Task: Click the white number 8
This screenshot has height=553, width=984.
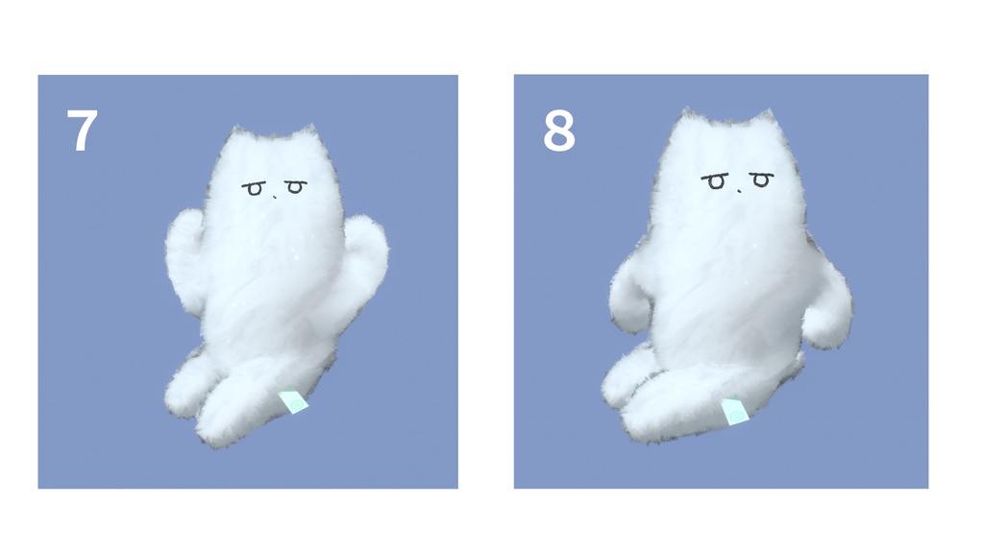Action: (558, 132)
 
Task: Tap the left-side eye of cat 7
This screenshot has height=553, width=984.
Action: (254, 189)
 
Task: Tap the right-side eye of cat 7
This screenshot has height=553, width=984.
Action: (295, 187)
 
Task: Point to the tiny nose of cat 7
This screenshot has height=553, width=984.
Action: (275, 197)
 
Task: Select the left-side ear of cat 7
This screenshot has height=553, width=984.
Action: (235, 136)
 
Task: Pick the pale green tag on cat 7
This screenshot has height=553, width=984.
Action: (295, 402)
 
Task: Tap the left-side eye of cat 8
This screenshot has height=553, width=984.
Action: (716, 181)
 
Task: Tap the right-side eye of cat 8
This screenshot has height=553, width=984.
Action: (761, 180)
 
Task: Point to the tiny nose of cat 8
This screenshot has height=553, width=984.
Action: (739, 190)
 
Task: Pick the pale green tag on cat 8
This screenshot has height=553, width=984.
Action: (735, 413)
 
